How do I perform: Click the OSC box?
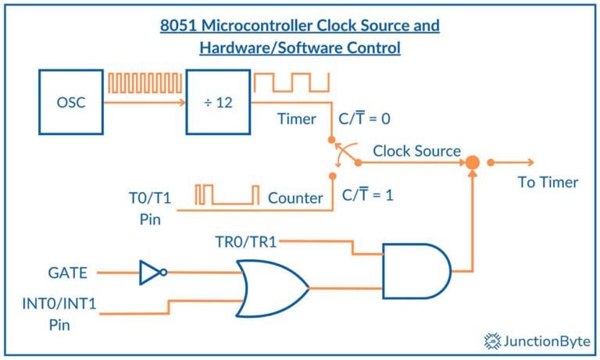coord(71,102)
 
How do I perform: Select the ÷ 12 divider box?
coord(218,102)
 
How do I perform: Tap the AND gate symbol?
coord(416,271)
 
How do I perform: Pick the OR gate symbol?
coord(272,289)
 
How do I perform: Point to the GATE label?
coord(67,273)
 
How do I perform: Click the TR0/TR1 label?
coord(245,242)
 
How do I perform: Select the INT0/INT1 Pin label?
coord(59,314)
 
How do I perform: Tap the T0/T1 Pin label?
coord(150,209)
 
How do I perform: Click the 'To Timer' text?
coord(548,182)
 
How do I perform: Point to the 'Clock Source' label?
coord(416,151)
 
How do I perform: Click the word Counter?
coord(295,198)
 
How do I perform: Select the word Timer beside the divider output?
coord(297,119)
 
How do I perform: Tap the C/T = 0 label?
coord(364,118)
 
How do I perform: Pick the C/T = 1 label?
coord(367,194)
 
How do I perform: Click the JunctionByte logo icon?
coord(492,341)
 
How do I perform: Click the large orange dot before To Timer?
coord(472,162)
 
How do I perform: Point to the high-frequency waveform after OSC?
coord(145,83)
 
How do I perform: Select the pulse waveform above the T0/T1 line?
coord(227,194)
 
